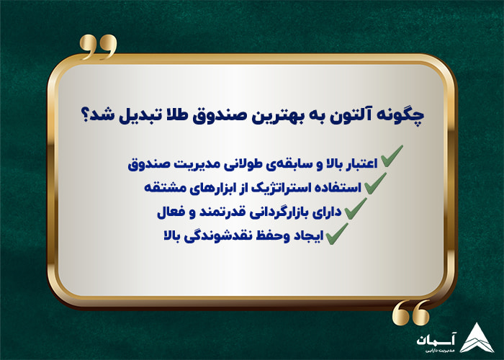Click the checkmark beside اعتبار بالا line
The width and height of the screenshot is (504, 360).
[391, 160]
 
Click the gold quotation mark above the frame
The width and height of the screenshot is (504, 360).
[98, 47]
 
